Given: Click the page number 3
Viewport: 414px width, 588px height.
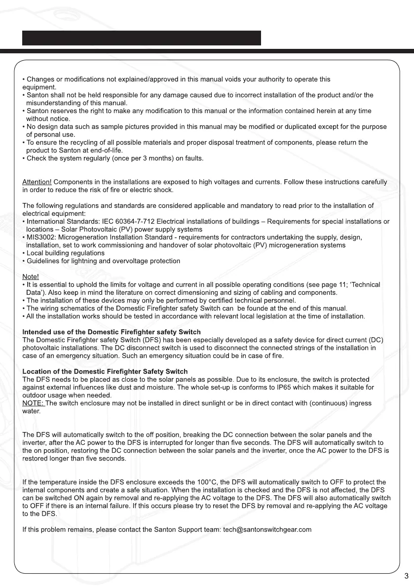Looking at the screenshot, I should pyautogui.click(x=406, y=576).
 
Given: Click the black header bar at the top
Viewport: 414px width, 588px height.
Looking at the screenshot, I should pyautogui.click(x=141, y=38).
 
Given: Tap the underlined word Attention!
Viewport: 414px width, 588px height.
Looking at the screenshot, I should pyautogui.click(x=37, y=182).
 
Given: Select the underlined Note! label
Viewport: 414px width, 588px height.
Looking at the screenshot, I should pyautogui.click(x=31, y=276).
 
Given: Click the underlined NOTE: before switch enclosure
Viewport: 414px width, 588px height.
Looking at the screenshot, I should pyautogui.click(x=34, y=403).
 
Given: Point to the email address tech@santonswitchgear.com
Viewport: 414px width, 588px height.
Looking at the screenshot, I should pyautogui.click(x=267, y=530).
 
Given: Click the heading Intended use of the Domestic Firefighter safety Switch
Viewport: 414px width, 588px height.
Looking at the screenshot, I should pyautogui.click(x=112, y=332).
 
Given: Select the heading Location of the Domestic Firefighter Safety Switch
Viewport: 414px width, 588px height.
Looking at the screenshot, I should pyautogui.click(x=105, y=371).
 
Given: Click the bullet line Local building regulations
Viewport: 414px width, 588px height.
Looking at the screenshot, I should pyautogui.click(x=65, y=253).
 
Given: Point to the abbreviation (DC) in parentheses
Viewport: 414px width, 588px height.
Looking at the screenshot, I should pyautogui.click(x=376, y=340).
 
